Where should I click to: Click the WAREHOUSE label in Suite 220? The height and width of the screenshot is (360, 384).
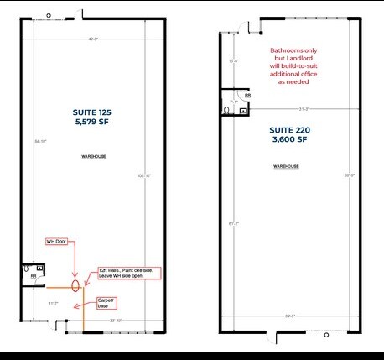point(287,167)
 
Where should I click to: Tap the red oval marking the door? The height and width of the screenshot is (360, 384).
point(76,284)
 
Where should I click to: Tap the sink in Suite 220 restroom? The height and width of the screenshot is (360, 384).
point(243,108)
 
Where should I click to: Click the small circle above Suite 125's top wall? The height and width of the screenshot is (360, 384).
point(48,14)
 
